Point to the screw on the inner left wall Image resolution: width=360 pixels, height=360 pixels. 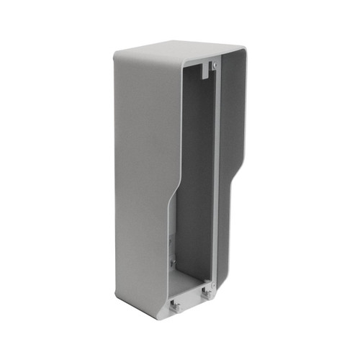click(172, 261)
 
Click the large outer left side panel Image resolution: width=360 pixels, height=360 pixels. click(140, 180)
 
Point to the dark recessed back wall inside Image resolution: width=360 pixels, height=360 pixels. click(196, 180)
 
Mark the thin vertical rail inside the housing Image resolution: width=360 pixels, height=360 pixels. click(216, 180)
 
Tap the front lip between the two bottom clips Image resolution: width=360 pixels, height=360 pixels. click(190, 302)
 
